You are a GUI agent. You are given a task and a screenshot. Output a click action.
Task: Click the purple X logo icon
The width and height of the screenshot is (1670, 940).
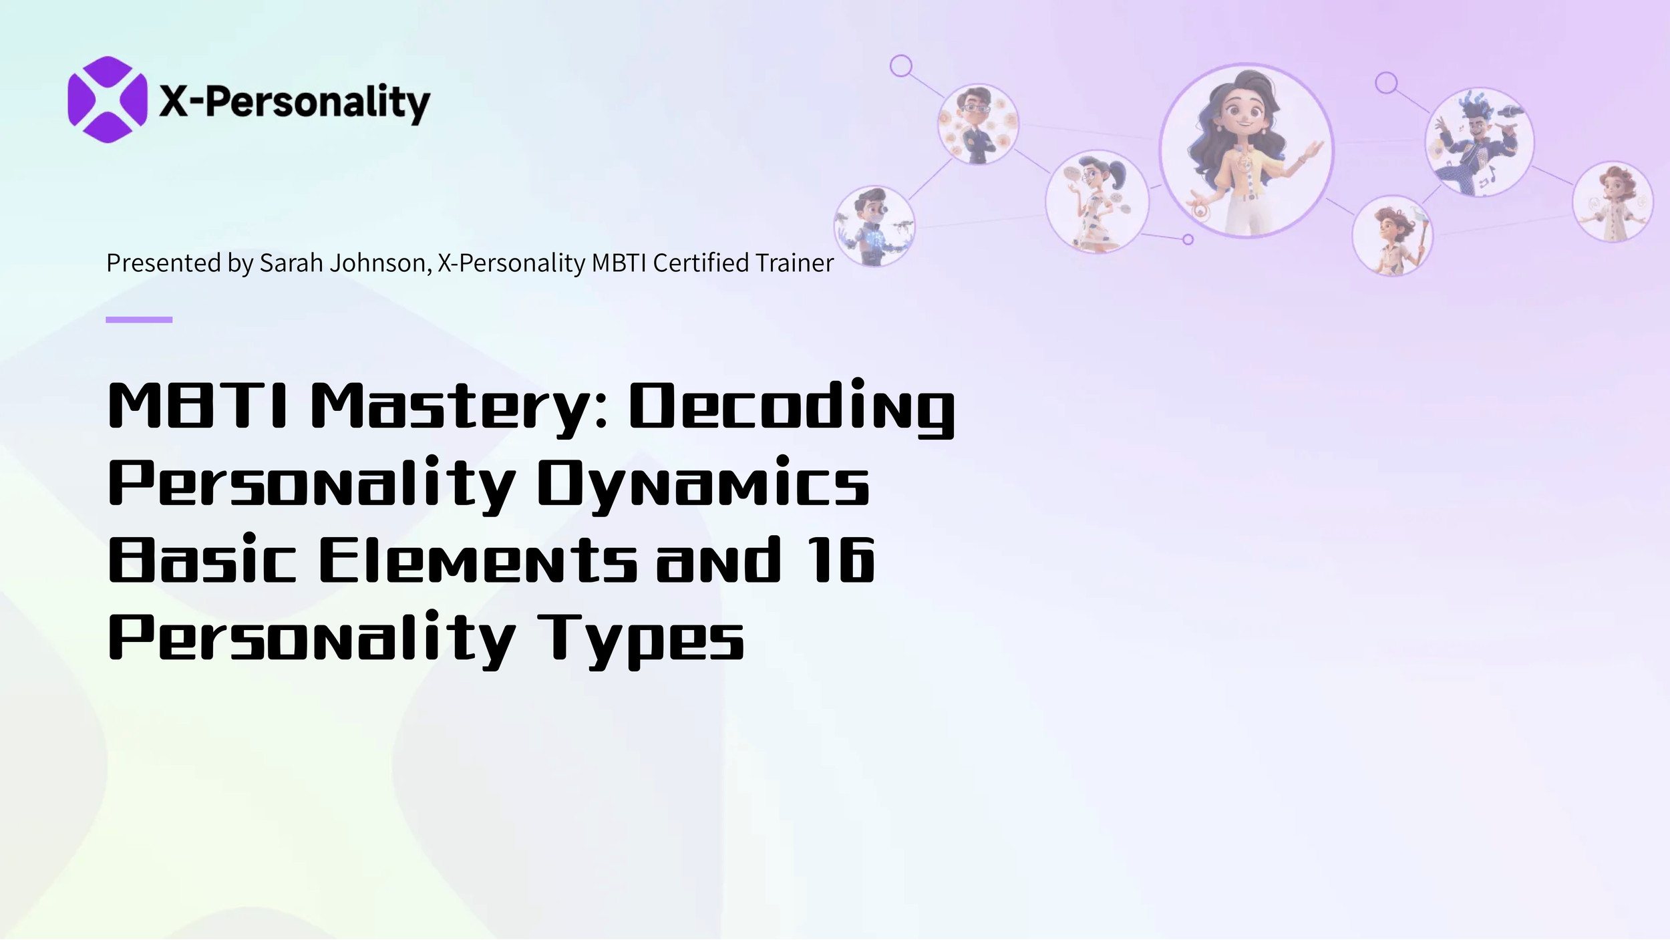pos(107,100)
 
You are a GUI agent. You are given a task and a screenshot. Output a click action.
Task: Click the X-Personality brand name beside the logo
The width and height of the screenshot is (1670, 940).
pos(295,102)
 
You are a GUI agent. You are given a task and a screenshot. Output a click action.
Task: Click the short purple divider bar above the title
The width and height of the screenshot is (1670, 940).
pos(139,320)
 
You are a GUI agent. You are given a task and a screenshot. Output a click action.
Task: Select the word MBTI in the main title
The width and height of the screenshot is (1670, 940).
pos(198,405)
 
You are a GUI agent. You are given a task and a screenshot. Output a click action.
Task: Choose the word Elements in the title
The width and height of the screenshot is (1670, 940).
pos(478,560)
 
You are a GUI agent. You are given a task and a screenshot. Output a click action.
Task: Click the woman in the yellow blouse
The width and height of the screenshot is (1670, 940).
pos(1246,151)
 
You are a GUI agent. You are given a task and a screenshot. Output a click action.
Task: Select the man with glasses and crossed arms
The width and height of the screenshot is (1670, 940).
pos(978,125)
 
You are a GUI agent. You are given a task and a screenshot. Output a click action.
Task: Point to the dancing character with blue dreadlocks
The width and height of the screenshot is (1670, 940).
pos(1479,142)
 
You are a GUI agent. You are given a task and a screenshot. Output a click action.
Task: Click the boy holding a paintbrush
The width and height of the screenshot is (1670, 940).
pos(1392,236)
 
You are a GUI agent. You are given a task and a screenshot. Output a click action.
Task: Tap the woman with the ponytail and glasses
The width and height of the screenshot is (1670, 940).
pos(1096,201)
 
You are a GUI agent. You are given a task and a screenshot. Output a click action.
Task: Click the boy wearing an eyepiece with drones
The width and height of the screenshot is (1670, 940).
pos(874,226)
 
